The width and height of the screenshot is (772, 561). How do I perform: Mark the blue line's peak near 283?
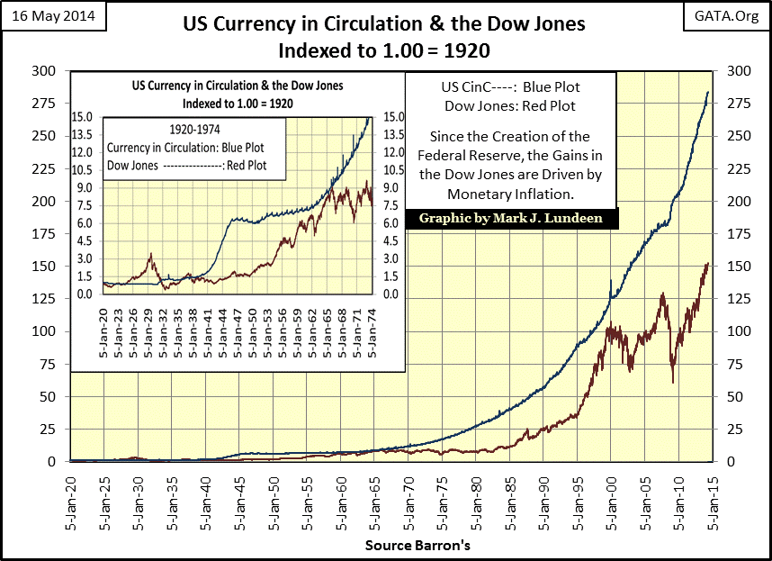tap(707, 92)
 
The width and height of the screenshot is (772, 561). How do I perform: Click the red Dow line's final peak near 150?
tap(707, 264)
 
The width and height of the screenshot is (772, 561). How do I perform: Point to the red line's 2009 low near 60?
tap(673, 383)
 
